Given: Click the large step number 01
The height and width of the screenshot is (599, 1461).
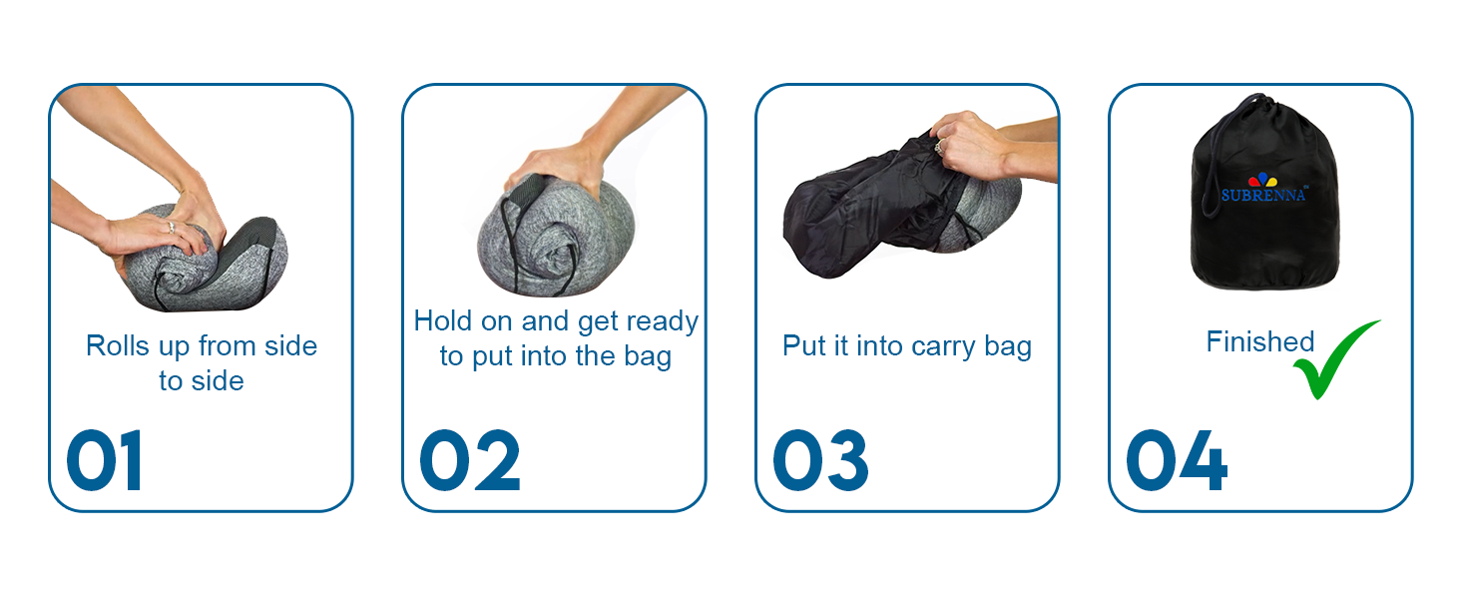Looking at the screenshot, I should pyautogui.click(x=105, y=461).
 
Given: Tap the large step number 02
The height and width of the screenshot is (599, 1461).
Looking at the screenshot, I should pyautogui.click(x=469, y=461).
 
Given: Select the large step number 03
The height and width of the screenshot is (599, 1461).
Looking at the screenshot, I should pyautogui.click(x=820, y=461).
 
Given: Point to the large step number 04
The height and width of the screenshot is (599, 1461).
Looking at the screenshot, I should pyautogui.click(x=1177, y=461).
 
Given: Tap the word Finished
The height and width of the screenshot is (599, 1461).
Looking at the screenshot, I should pyautogui.click(x=1259, y=342).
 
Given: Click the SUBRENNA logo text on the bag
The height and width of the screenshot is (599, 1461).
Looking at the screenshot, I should pyautogui.click(x=1263, y=195).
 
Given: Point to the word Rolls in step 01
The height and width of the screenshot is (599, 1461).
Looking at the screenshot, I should pyautogui.click(x=116, y=346).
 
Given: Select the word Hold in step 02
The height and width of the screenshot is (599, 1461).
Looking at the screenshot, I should pyautogui.click(x=443, y=321).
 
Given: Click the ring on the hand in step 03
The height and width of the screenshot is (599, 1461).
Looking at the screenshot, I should pyautogui.click(x=937, y=147).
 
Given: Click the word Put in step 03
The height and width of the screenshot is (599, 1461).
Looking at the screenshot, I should pyautogui.click(x=802, y=346).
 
